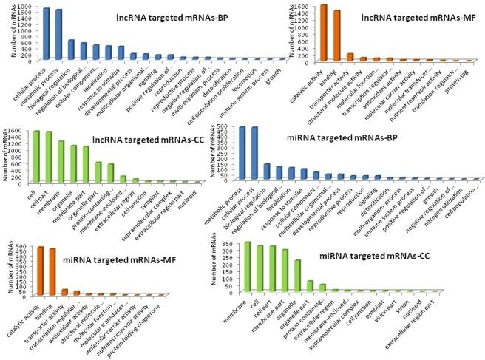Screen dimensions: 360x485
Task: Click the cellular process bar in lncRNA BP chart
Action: (46, 33)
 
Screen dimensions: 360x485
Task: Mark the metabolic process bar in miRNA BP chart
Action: (242, 153)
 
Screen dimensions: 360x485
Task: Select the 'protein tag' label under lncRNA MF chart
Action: (461, 73)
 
